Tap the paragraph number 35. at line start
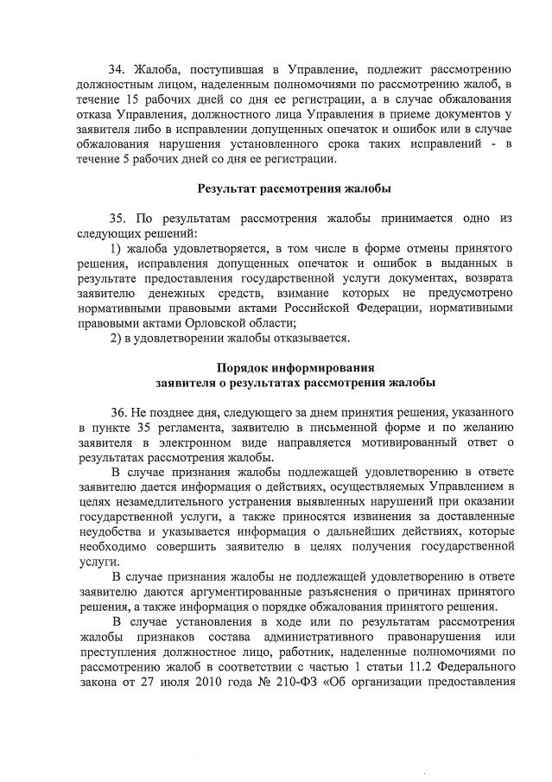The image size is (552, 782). pyautogui.click(x=118, y=219)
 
